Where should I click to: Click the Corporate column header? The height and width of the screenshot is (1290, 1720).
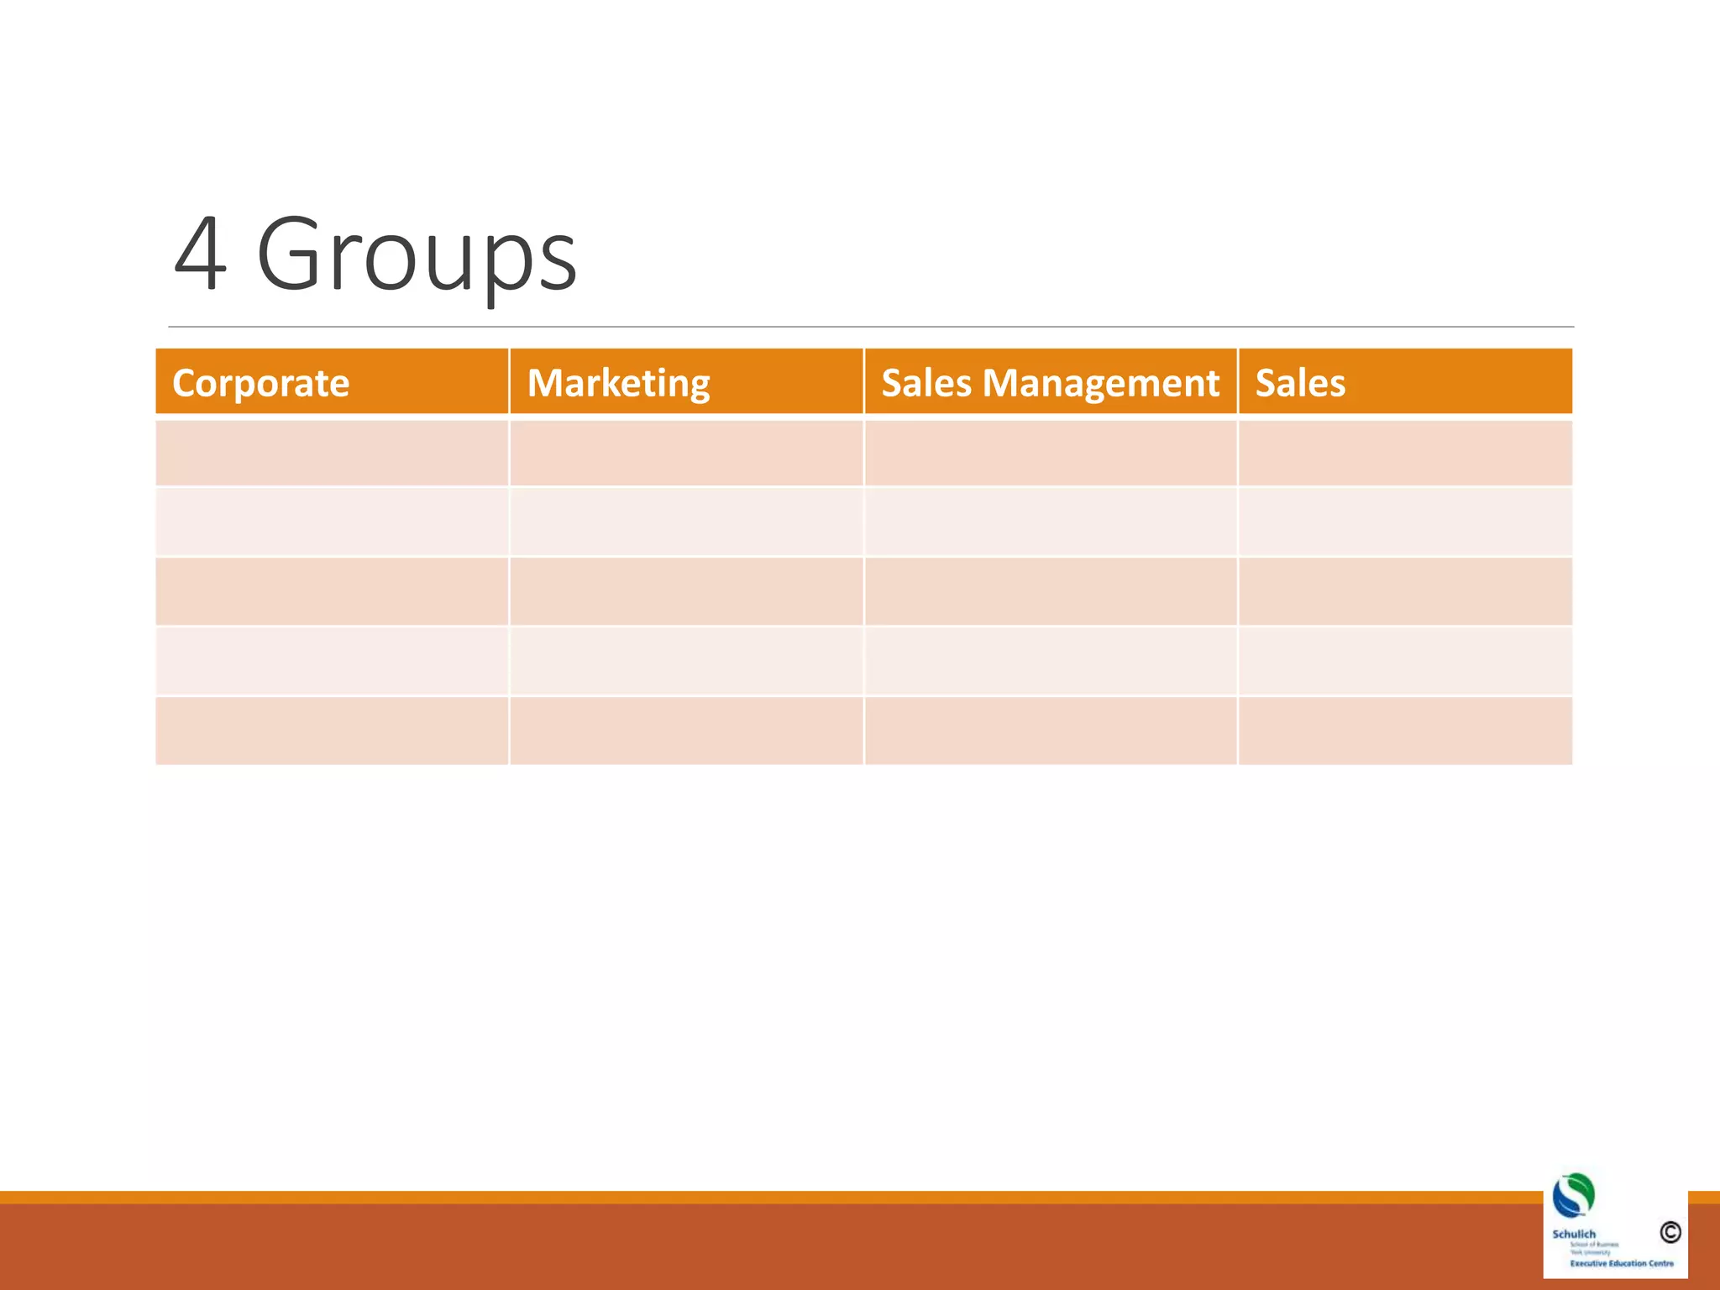click(260, 383)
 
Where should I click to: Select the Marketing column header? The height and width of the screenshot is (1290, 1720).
click(618, 383)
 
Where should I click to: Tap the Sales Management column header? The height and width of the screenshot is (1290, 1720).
click(1050, 383)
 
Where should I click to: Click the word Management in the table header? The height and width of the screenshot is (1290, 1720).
click(1100, 383)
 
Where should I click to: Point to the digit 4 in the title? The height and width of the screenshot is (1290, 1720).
click(200, 254)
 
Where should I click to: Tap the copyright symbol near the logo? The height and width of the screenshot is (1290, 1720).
click(1670, 1232)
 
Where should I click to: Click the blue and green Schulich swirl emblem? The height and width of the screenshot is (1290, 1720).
click(1573, 1195)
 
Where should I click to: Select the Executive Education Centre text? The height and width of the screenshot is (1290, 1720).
click(1621, 1263)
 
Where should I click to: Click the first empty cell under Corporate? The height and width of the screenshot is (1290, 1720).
click(332, 454)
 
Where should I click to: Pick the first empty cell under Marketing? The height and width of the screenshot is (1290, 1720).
click(686, 454)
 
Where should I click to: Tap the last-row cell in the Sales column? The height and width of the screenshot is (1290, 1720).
click(1405, 731)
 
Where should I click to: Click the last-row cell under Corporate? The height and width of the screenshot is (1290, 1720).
click(332, 731)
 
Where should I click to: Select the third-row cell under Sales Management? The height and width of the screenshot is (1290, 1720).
click(1051, 592)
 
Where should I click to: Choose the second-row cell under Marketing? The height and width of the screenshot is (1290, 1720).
click(686, 522)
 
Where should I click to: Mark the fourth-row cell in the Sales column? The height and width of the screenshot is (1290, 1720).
click(1405, 662)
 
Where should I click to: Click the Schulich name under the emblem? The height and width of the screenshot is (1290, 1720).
click(1573, 1234)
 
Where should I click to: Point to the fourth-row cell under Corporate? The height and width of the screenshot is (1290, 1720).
click(332, 662)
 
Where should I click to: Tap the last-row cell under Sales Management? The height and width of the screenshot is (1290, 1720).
click(1051, 731)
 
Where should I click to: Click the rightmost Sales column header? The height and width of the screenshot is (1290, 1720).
click(1300, 383)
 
